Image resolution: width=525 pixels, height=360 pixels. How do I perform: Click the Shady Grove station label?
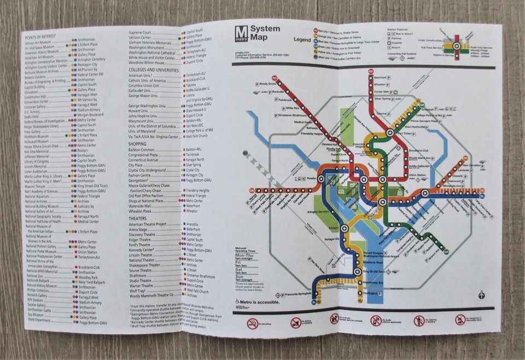(265, 84)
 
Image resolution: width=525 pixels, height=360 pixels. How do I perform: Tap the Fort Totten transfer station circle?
(390, 133)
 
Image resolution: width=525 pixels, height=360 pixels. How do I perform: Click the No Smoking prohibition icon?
(252, 321)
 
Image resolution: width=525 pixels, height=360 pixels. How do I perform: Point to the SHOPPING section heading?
(141, 142)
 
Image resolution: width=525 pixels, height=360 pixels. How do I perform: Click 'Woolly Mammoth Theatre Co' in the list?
(150, 294)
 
